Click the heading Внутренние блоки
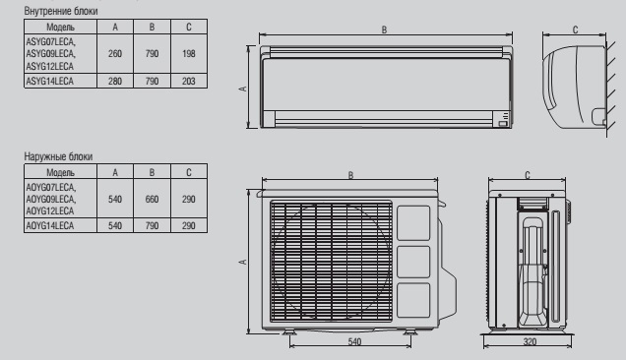(x=61, y=11)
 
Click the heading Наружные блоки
(x=58, y=156)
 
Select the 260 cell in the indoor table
(x=115, y=53)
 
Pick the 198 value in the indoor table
(x=189, y=53)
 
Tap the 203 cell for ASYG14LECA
(x=189, y=81)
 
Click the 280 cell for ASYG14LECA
(x=115, y=81)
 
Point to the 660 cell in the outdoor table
(x=152, y=199)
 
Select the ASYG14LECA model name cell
(x=60, y=81)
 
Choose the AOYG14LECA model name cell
(x=60, y=225)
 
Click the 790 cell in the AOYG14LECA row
(x=152, y=225)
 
